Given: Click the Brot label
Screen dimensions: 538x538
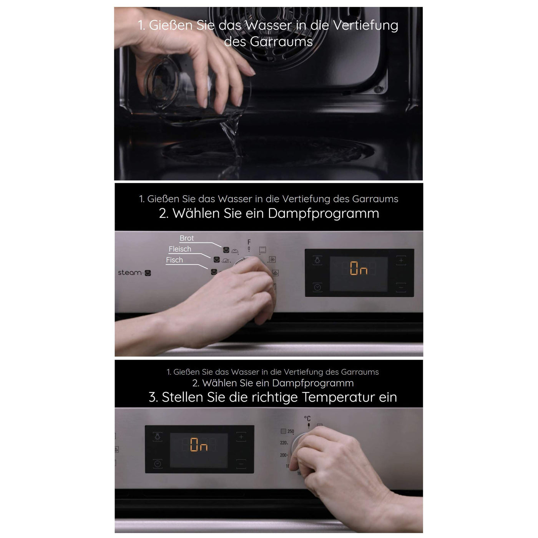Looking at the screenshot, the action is click(x=186, y=238).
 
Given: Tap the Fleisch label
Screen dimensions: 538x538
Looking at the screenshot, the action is click(x=180, y=249).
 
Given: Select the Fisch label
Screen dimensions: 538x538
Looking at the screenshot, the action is click(x=174, y=260).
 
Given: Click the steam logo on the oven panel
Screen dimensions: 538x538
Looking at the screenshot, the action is click(x=134, y=272).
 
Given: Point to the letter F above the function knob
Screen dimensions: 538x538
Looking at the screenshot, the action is click(x=249, y=242).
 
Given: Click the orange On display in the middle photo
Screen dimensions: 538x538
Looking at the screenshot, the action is click(x=359, y=268).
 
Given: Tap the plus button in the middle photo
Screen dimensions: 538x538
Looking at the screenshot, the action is click(x=401, y=261).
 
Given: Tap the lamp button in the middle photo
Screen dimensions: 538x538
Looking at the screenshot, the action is click(x=317, y=261).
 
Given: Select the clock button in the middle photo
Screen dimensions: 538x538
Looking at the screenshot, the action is click(x=317, y=287).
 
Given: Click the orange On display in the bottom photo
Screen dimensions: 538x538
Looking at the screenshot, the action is click(x=199, y=445).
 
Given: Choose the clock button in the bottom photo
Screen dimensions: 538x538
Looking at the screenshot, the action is click(x=158, y=464).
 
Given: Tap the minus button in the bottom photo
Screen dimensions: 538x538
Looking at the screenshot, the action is click(x=241, y=464).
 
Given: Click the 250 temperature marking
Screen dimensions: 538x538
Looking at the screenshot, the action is click(x=291, y=431).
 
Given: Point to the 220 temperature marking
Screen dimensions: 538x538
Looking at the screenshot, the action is click(x=284, y=443).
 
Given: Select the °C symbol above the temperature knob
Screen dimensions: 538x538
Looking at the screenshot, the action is click(x=307, y=418).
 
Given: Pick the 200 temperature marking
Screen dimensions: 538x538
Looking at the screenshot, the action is click(x=284, y=455).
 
